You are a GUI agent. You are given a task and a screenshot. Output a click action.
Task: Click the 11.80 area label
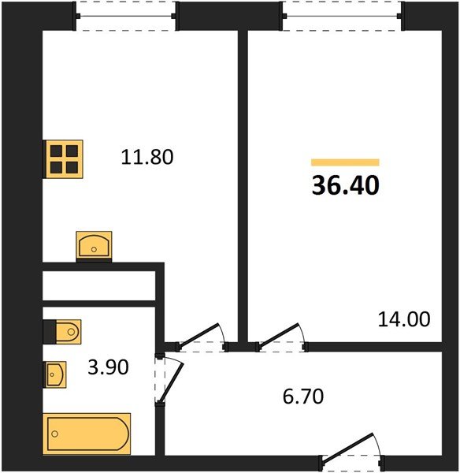pos(147,157)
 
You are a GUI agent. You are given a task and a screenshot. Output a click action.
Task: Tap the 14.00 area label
pos(405,319)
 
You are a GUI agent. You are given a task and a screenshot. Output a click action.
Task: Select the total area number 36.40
pos(346,185)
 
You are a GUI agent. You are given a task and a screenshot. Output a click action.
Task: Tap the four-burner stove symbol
pos(64,158)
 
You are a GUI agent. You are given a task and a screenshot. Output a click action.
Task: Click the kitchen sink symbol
pos(94,245)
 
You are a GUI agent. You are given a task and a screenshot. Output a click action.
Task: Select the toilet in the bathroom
pos(61,332)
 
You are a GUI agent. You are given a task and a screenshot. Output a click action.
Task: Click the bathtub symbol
pos(87,434)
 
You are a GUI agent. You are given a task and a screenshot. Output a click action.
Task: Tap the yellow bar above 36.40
pos(345,162)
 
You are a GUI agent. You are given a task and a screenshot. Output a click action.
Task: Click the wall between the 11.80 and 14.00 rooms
pos(243,181)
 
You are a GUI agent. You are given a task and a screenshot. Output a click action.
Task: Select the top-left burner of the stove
pos(57,151)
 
